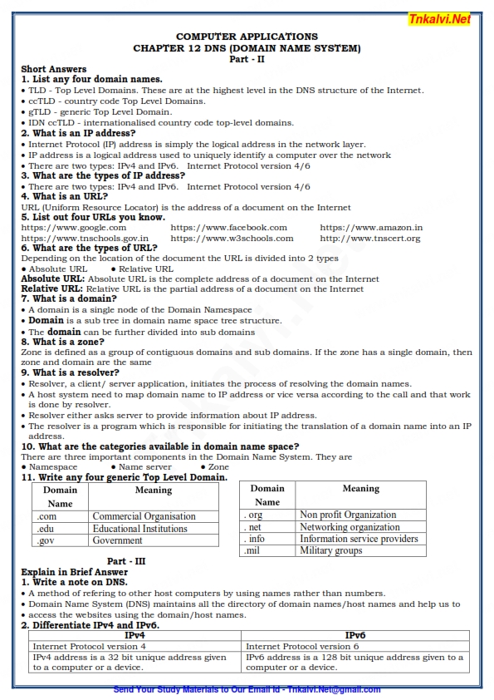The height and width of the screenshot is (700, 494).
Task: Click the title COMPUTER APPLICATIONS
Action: click(x=247, y=37)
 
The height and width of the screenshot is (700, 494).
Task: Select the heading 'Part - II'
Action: click(x=247, y=59)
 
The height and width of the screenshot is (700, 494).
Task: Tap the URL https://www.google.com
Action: click(x=74, y=227)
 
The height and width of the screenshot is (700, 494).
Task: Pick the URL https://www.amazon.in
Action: click(x=371, y=227)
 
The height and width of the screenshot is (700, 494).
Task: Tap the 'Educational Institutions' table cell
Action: click(x=140, y=528)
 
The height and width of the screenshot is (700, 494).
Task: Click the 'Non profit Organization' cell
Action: click(x=348, y=515)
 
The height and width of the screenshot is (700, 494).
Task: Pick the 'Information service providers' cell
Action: click(x=359, y=539)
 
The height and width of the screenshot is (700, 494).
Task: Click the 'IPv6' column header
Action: click(x=355, y=635)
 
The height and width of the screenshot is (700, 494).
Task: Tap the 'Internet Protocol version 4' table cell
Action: click(x=90, y=646)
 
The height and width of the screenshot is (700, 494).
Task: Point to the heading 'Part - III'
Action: click(x=126, y=561)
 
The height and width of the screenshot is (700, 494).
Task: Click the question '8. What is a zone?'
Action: click(x=63, y=342)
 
